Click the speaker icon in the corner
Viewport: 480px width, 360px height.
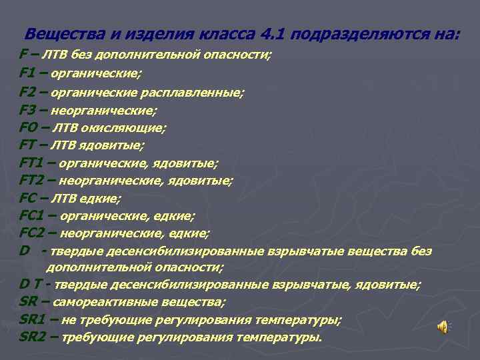443,326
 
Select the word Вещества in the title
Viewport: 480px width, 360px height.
57,33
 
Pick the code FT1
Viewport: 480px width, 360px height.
33,162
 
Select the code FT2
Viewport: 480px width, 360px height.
33,179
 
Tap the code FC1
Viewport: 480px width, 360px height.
33,215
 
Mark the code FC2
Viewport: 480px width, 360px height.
33,233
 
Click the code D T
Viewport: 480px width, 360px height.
31,285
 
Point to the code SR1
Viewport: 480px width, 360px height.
33,320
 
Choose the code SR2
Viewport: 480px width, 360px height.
33,337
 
